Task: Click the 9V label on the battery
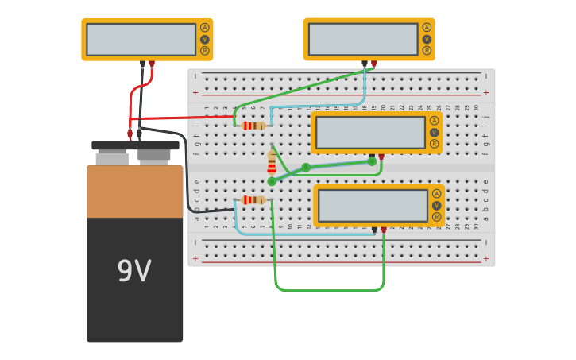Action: click(x=134, y=272)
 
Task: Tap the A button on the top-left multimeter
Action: click(x=205, y=28)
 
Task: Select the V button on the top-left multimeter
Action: click(x=205, y=39)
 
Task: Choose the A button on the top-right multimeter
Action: click(x=427, y=28)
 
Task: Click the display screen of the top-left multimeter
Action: click(x=141, y=39)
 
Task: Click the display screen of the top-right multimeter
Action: click(x=362, y=39)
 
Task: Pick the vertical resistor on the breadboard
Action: click(x=272, y=163)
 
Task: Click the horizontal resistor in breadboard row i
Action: click(x=253, y=126)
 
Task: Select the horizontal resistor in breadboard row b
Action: click(x=253, y=200)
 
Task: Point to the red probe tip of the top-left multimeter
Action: click(x=152, y=64)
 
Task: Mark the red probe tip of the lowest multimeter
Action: click(x=384, y=230)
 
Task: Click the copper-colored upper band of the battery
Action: click(x=135, y=192)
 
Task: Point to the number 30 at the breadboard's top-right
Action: click(x=477, y=107)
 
